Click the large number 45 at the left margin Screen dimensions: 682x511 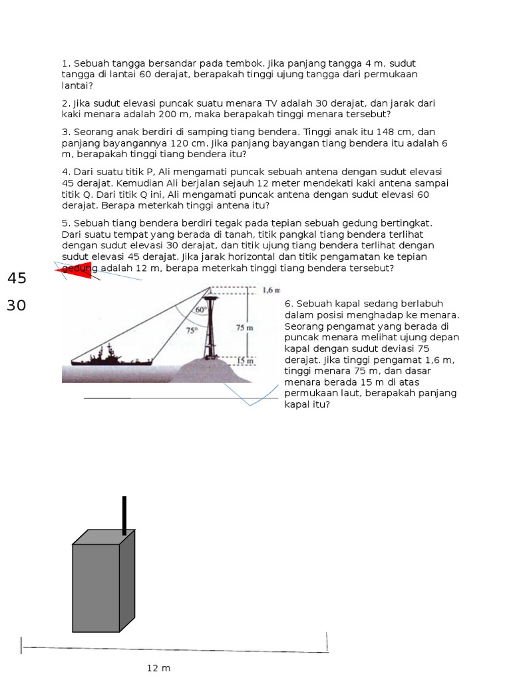coord(17,278)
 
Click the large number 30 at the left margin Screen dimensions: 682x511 coord(17,306)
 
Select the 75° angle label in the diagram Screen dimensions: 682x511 coord(192,330)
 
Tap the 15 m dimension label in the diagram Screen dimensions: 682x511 coord(246,361)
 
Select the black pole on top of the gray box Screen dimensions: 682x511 coord(124,515)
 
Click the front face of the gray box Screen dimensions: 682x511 coord(96,587)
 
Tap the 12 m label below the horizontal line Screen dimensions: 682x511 coord(159,668)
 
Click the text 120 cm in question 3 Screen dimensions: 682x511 coord(198,143)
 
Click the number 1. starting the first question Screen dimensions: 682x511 coord(66,63)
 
